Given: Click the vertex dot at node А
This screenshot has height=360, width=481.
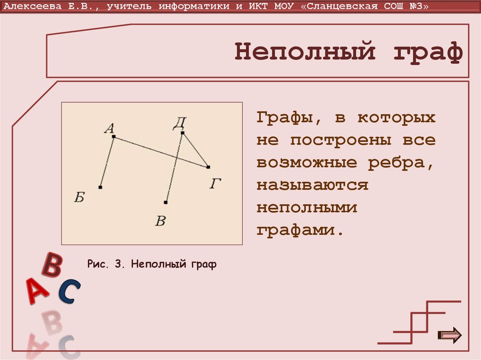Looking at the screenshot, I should click(114, 137).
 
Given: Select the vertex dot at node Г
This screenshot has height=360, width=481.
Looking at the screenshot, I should click(208, 167).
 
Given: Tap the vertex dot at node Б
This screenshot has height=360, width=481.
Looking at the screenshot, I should click(101, 187).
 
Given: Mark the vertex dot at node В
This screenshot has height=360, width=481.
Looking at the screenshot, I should click(166, 202).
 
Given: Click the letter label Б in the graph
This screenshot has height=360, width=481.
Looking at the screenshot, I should click(79, 198).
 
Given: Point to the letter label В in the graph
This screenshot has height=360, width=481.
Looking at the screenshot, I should click(161, 221).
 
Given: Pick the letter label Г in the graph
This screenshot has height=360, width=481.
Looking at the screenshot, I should click(216, 184).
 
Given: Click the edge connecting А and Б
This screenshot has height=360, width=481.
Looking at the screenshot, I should click(107, 162).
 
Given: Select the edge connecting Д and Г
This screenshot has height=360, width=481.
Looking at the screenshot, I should click(195, 150).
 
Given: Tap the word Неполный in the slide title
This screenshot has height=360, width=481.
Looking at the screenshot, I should click(305, 52).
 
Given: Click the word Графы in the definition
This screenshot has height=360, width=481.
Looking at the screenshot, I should click(286, 118).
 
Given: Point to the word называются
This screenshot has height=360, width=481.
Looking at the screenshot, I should click(312, 185).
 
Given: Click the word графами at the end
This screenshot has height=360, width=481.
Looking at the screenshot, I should click(297, 231).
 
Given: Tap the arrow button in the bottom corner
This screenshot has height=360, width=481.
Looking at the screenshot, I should click(450, 335).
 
